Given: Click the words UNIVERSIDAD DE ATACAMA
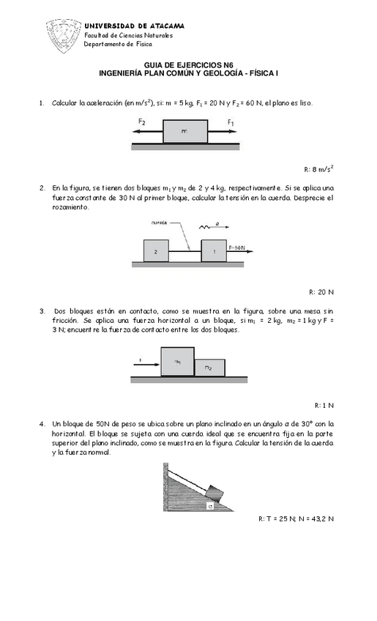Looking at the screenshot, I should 134,26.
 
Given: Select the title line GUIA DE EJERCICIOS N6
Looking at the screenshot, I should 188,65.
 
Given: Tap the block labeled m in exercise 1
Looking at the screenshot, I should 185,133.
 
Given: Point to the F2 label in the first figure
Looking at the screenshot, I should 141,122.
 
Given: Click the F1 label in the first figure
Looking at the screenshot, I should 231,122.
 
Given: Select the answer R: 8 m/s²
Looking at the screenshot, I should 318,168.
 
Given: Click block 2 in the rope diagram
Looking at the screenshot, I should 157,250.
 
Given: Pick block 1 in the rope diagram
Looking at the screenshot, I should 214,250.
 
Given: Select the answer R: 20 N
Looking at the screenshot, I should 321,291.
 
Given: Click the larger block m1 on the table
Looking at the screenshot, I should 177,362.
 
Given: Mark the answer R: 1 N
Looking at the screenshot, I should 324,405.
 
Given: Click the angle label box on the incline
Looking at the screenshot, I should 211,505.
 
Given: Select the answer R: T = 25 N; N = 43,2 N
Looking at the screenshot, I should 296,518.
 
